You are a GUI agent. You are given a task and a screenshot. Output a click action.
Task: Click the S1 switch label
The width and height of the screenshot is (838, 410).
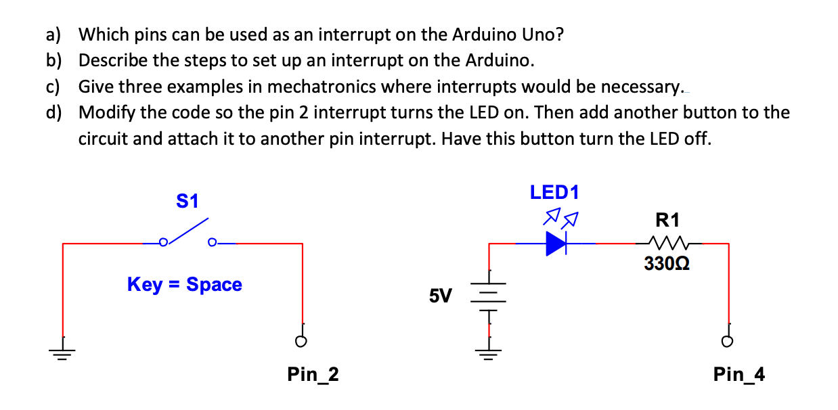coord(187,201)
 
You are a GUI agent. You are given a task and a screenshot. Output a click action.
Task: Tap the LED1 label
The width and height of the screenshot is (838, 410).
coord(554,192)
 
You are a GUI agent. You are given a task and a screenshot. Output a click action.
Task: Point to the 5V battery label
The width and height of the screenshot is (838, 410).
coord(441,296)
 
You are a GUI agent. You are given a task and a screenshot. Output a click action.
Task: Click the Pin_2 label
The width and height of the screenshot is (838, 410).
coord(313,374)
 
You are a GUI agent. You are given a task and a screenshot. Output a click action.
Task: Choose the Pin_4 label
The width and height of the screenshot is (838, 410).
coord(739,374)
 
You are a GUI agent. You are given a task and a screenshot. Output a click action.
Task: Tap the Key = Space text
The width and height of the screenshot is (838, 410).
coord(184,284)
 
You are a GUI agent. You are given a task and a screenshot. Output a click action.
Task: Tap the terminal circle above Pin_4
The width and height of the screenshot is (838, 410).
coord(728,341)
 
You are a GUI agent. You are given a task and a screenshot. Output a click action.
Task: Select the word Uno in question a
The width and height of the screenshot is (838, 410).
coord(544,34)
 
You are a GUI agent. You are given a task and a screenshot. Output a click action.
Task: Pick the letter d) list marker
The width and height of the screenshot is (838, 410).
coord(54,112)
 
